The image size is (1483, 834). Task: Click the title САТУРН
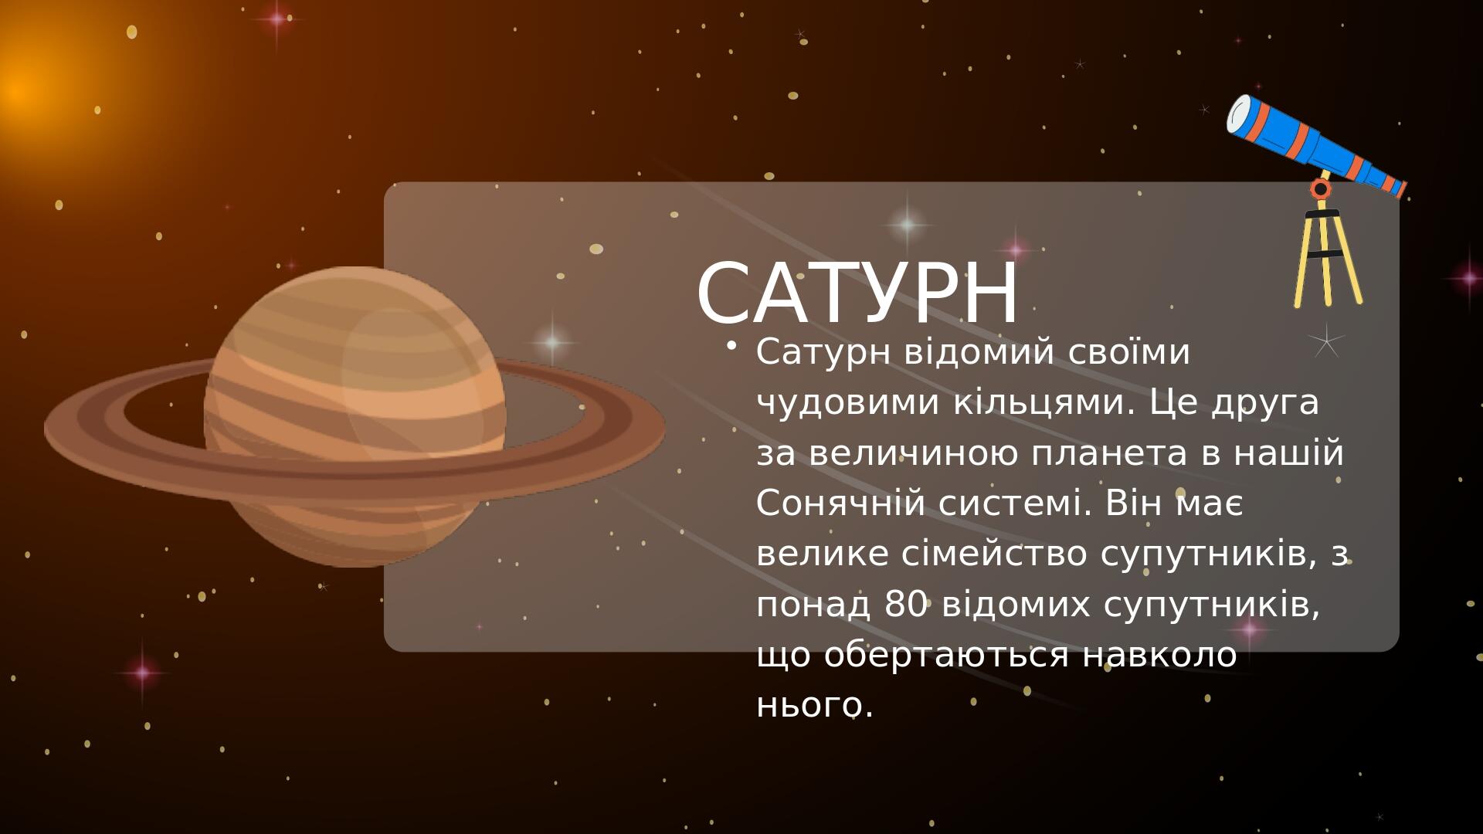tap(857, 293)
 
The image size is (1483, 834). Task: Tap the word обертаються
tap(946, 655)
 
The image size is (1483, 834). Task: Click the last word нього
tap(815, 705)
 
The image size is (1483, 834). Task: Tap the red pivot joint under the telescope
tap(1321, 188)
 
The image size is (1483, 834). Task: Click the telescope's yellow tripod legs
tap(1328, 258)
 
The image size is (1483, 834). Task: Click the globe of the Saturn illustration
tap(355, 417)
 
